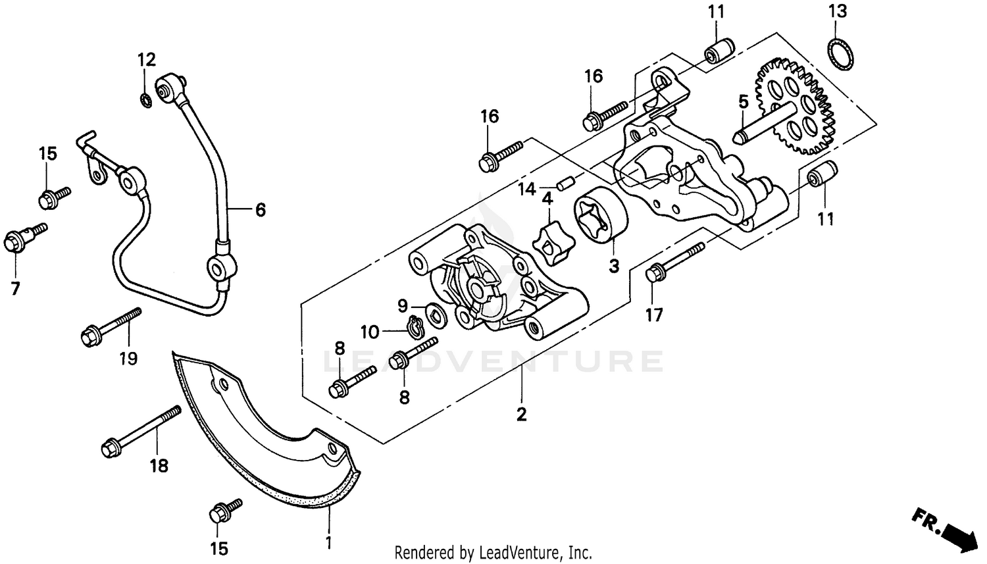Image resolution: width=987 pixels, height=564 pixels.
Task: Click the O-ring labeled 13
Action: pos(838,53)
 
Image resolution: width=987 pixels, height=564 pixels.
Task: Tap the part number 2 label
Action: pos(521,415)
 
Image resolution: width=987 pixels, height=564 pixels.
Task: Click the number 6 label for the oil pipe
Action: pos(261,210)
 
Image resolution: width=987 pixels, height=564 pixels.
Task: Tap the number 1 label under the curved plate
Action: pos(328,543)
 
